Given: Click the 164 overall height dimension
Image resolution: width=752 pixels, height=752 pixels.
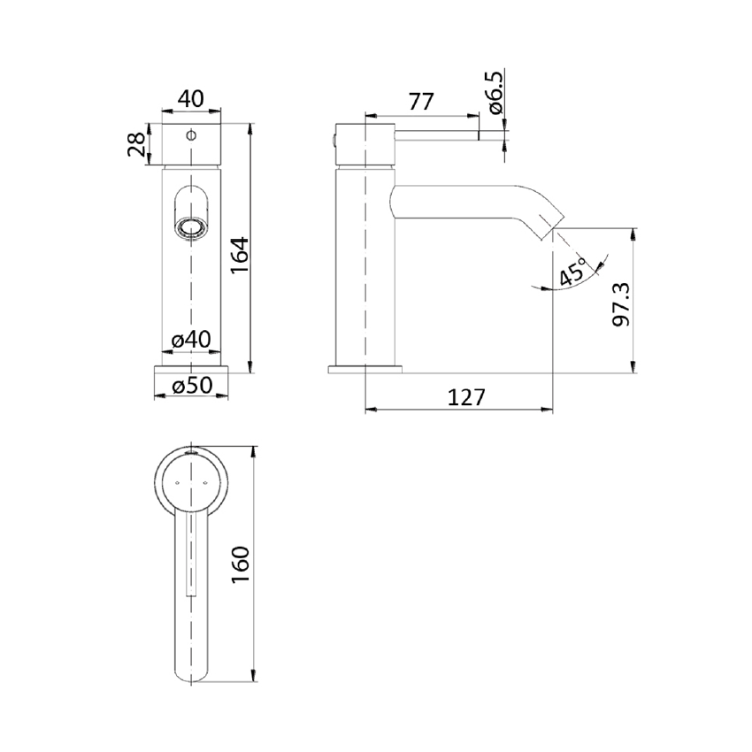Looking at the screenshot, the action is tap(241, 255).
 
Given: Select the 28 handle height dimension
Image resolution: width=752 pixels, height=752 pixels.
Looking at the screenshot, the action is tap(136, 144).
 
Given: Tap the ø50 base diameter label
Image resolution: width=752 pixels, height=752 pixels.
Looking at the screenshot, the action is tap(192, 385).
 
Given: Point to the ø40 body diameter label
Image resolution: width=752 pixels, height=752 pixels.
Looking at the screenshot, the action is tap(191, 340).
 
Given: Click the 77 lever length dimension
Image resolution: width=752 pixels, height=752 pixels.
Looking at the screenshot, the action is tap(421, 102).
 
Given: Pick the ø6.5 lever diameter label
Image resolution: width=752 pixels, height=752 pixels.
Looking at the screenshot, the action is tap(496, 93).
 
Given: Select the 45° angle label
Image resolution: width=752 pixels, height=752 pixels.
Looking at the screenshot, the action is tap(573, 272).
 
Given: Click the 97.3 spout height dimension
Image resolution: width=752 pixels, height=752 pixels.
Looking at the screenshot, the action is tap(622, 304).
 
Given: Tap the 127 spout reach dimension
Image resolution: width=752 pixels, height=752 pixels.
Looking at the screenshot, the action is tap(466, 397).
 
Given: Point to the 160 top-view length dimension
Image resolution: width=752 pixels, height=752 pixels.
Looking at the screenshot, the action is tap(241, 564).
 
